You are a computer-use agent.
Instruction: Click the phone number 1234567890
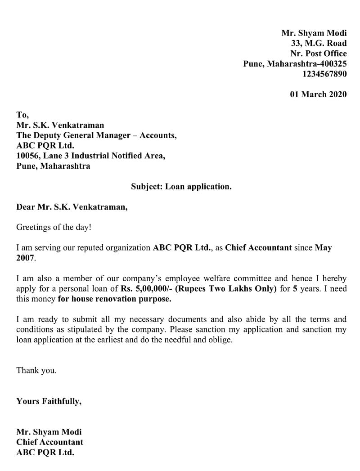point(324,74)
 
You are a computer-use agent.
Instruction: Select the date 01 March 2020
point(318,94)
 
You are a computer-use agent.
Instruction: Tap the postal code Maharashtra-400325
point(308,64)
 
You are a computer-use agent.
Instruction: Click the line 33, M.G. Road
point(319,43)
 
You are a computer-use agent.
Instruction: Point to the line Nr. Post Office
point(319,54)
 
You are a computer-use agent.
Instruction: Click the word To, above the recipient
point(22,115)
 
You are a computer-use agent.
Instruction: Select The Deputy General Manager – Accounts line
point(96,135)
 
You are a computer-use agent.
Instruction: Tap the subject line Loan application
point(181,186)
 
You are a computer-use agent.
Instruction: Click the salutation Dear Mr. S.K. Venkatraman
point(72,207)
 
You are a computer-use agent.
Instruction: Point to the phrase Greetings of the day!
point(54,227)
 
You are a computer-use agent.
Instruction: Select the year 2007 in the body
point(25,258)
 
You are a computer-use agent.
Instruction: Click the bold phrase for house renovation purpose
point(115,299)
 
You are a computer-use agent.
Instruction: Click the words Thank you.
point(36,371)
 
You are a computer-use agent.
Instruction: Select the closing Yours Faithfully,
point(49,401)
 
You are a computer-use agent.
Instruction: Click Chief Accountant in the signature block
point(49,442)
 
